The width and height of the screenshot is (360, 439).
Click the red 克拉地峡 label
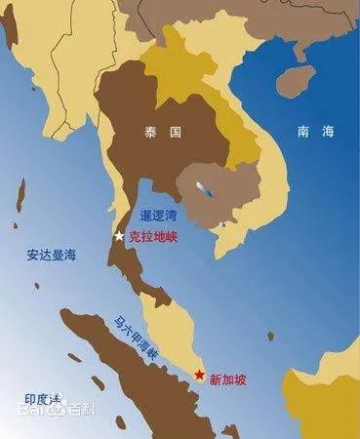[154, 236]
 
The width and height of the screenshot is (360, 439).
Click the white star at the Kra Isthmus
[119, 236]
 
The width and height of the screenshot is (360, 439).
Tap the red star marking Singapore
[201, 377]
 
